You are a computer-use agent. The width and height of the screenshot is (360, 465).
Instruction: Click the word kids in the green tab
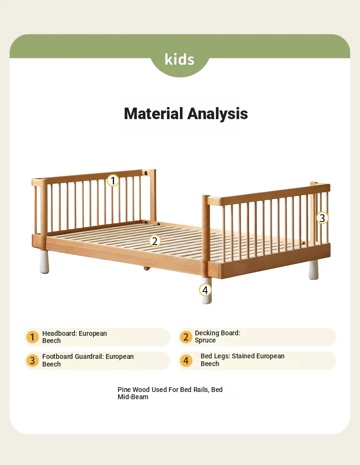coord(179,59)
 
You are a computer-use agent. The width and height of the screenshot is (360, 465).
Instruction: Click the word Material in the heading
coord(154,113)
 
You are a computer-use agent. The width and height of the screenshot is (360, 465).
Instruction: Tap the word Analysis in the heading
coord(217,114)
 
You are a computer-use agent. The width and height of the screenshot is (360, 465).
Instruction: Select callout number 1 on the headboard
coord(113,180)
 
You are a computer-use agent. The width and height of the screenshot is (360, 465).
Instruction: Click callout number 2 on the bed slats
coord(155,241)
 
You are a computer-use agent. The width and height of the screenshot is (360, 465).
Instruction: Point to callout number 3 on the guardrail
coord(322,218)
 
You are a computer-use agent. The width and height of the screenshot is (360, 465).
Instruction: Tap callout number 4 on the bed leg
coord(205,290)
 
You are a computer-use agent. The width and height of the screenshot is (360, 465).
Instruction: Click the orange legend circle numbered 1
coord(33,337)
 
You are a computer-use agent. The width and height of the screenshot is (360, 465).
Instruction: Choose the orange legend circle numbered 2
coord(186,337)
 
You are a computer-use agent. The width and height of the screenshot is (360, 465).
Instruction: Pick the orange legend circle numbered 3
coord(33,361)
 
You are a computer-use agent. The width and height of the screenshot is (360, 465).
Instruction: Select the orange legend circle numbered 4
coord(186,360)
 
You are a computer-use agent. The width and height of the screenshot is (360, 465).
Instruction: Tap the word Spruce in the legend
coord(205,341)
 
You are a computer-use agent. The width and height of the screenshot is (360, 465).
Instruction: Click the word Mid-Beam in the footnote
coord(133,397)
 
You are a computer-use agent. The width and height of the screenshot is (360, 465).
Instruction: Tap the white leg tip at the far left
coord(44,262)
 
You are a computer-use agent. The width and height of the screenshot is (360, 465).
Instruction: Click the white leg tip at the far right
coord(313,270)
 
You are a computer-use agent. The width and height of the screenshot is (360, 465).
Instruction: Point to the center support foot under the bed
coord(147,269)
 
